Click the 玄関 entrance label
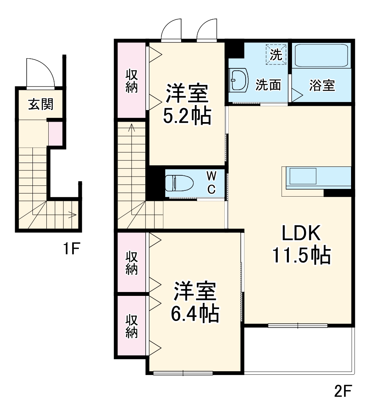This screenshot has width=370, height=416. [40, 104]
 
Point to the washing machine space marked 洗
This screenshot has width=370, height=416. [276, 54]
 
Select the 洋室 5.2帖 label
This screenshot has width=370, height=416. [187, 104]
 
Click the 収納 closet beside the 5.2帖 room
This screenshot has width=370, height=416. [131, 80]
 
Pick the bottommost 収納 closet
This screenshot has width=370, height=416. [131, 326]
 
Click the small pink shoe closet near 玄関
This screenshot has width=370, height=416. [55, 134]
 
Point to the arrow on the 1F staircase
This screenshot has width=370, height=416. [72, 214]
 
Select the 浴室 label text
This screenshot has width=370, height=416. [322, 86]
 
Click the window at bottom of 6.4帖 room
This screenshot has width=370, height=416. [183, 373]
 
